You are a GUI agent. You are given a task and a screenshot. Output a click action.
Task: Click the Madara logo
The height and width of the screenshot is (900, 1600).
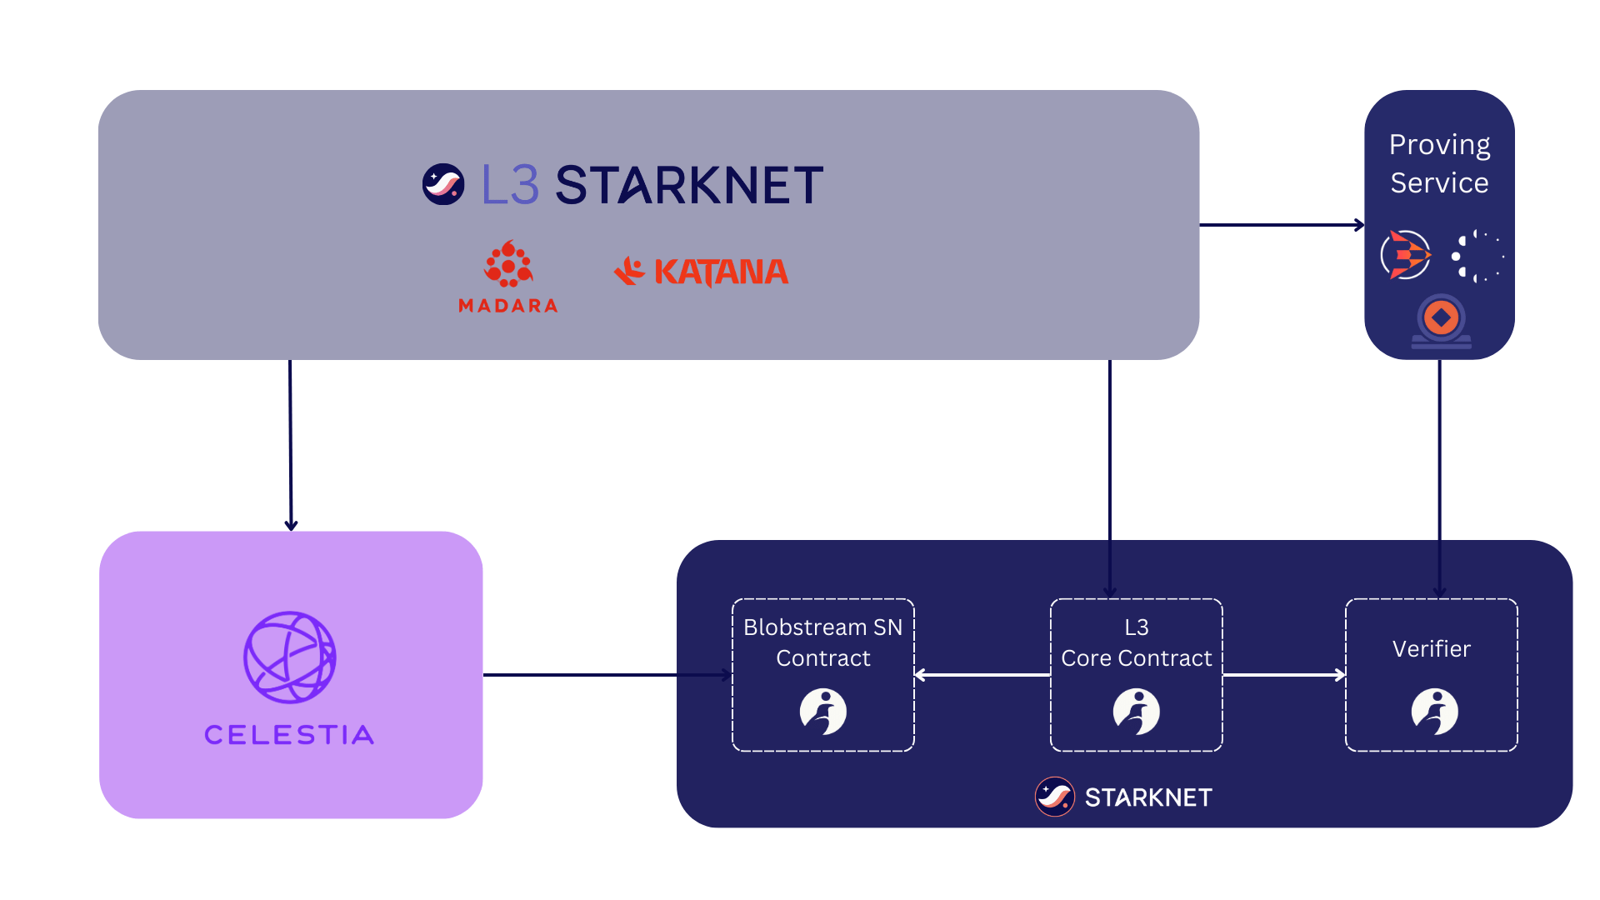pyautogui.click(x=508, y=265)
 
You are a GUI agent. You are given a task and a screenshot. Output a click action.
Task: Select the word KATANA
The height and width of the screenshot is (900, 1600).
pyautogui.click(x=721, y=272)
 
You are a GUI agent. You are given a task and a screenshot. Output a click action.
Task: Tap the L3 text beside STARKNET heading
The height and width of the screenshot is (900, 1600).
pyautogui.click(x=510, y=185)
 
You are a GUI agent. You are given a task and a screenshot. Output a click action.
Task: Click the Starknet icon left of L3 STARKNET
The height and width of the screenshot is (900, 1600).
pyautogui.click(x=443, y=184)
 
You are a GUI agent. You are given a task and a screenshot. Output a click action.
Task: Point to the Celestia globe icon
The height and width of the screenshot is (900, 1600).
pyautogui.click(x=289, y=657)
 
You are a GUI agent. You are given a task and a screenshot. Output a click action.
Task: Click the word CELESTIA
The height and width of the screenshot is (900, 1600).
pyautogui.click(x=289, y=735)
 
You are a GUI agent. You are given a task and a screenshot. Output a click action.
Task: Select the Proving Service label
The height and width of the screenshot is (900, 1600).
pyautogui.click(x=1439, y=163)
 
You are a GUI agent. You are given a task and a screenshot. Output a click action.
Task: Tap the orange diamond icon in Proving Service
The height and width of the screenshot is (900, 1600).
pyautogui.click(x=1441, y=318)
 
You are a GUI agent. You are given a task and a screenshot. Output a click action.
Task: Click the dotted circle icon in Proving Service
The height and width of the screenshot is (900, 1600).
pyautogui.click(x=1477, y=256)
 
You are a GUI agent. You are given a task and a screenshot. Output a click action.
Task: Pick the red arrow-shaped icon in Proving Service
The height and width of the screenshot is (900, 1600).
pyautogui.click(x=1407, y=255)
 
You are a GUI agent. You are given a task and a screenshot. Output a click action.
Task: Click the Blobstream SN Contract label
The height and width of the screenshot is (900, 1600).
pyautogui.click(x=822, y=642)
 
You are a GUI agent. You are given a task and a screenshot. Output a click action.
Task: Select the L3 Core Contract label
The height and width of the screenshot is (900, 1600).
pyautogui.click(x=1136, y=642)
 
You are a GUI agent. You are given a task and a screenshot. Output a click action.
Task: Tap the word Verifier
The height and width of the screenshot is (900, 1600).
pyautogui.click(x=1431, y=648)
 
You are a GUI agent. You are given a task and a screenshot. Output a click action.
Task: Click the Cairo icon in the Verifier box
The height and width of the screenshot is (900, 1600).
pyautogui.click(x=1434, y=712)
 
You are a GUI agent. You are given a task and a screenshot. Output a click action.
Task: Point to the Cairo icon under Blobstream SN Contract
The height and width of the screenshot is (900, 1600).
pyautogui.click(x=823, y=712)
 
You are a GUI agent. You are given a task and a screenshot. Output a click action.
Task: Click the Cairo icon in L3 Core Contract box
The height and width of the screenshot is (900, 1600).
pyautogui.click(x=1137, y=712)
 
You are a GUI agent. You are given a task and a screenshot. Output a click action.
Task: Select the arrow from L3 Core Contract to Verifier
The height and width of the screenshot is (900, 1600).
pyautogui.click(x=1283, y=675)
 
